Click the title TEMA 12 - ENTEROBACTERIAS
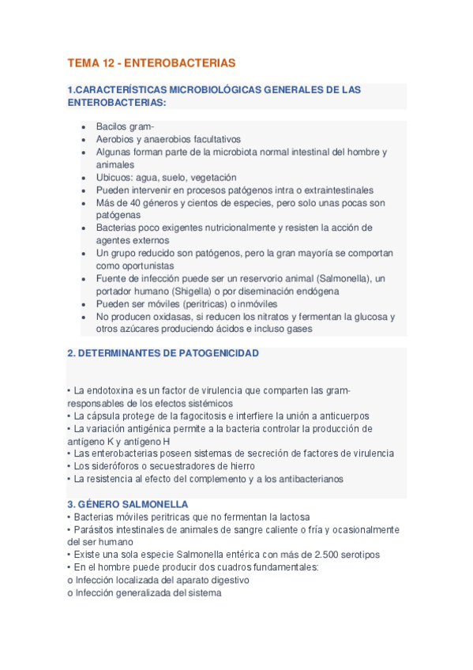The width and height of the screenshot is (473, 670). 152,62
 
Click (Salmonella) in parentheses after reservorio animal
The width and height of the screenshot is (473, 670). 342,279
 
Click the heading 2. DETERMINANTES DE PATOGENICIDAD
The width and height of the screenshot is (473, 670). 163,354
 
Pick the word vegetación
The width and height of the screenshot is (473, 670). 209,178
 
